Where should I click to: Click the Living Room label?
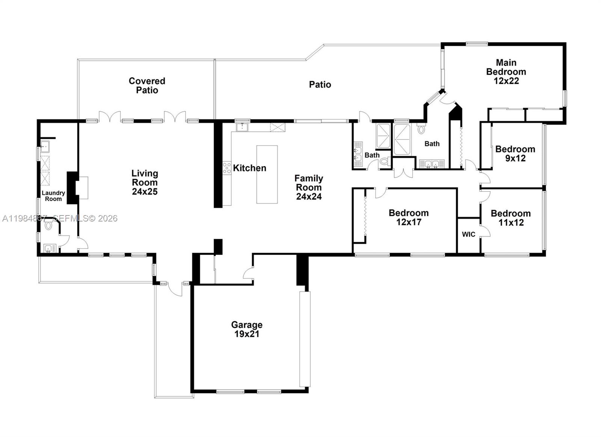[145, 182]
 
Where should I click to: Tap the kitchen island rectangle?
[267, 174]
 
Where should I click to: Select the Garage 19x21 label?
[247, 329]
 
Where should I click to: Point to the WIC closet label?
[468, 234]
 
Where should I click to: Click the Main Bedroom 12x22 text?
[506, 71]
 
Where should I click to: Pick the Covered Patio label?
[147, 85]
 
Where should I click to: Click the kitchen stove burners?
[227, 167]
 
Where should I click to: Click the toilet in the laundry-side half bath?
[48, 226]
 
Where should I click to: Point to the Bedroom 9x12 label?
[515, 153]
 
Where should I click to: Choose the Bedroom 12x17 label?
[409, 217]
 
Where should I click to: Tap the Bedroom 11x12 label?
[510, 218]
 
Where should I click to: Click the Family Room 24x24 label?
[309, 187]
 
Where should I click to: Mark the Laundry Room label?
[53, 196]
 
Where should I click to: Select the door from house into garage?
[248, 273]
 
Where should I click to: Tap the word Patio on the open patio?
[320, 85]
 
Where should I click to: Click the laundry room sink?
[45, 146]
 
